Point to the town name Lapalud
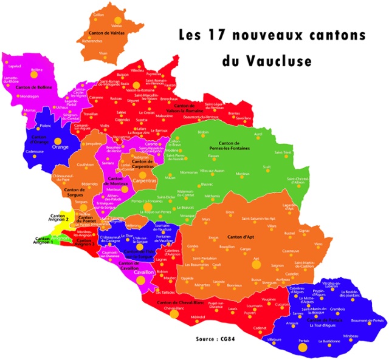(15, 66)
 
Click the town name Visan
(103, 53)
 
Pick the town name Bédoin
(203, 132)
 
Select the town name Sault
(266, 166)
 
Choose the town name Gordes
(193, 245)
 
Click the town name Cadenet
(242, 328)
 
